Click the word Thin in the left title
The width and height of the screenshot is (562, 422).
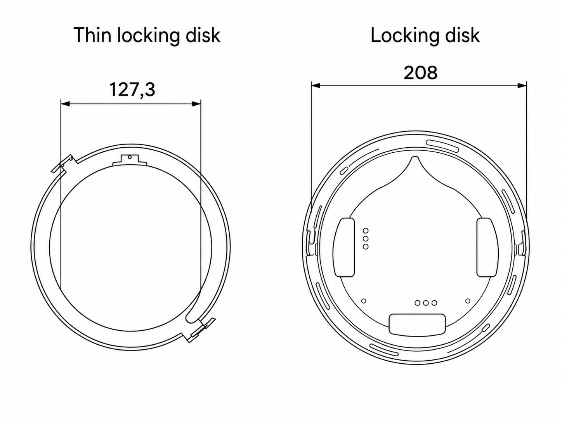[x=92, y=35]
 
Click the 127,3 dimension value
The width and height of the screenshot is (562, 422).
[x=132, y=90]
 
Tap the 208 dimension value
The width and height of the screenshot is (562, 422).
[x=420, y=73]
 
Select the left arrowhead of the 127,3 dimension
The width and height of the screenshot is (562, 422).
[x=65, y=104]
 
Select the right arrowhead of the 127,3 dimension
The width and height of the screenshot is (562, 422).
[x=196, y=104]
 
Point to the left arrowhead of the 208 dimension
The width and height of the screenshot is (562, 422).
[x=316, y=85]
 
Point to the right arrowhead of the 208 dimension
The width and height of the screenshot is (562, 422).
[x=522, y=85]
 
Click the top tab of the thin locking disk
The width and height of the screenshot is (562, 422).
[x=130, y=160]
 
